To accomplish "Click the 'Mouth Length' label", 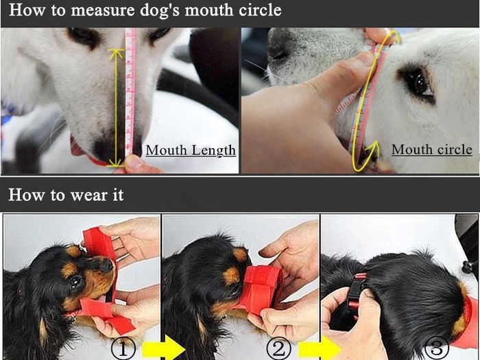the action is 191,151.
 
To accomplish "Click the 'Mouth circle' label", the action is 432,149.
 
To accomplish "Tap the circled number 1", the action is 123,348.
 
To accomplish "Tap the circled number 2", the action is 279,348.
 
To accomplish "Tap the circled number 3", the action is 437,348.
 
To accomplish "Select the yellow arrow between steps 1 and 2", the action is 163,348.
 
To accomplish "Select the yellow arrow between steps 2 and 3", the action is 320,348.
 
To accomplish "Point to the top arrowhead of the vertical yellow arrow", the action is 116,51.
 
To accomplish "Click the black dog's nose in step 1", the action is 106,265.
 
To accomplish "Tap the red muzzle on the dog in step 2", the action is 260,289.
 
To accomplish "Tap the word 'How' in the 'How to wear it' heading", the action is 26,195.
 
